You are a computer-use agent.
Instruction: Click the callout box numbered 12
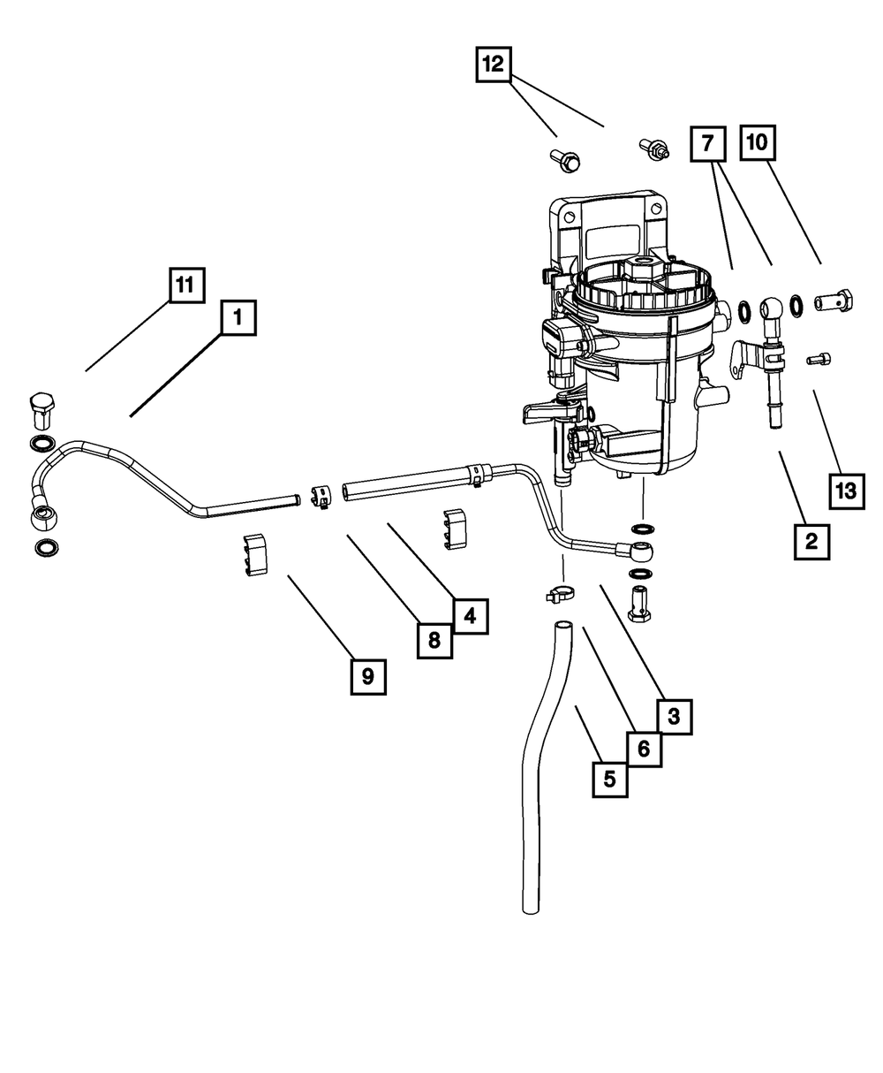pos(494,65)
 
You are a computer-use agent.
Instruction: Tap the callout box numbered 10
pos(759,142)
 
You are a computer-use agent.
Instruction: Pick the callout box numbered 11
pos(186,285)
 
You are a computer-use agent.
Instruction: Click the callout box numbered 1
pos(238,317)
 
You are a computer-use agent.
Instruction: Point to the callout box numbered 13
pos(846,490)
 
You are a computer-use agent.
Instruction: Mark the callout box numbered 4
pos(471,614)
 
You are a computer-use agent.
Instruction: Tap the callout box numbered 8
pos(434,640)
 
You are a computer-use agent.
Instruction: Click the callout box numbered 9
pos(367,676)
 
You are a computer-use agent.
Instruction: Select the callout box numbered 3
pos(674,717)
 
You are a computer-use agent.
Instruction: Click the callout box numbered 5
pos(610,780)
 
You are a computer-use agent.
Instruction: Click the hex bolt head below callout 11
pos(41,409)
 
